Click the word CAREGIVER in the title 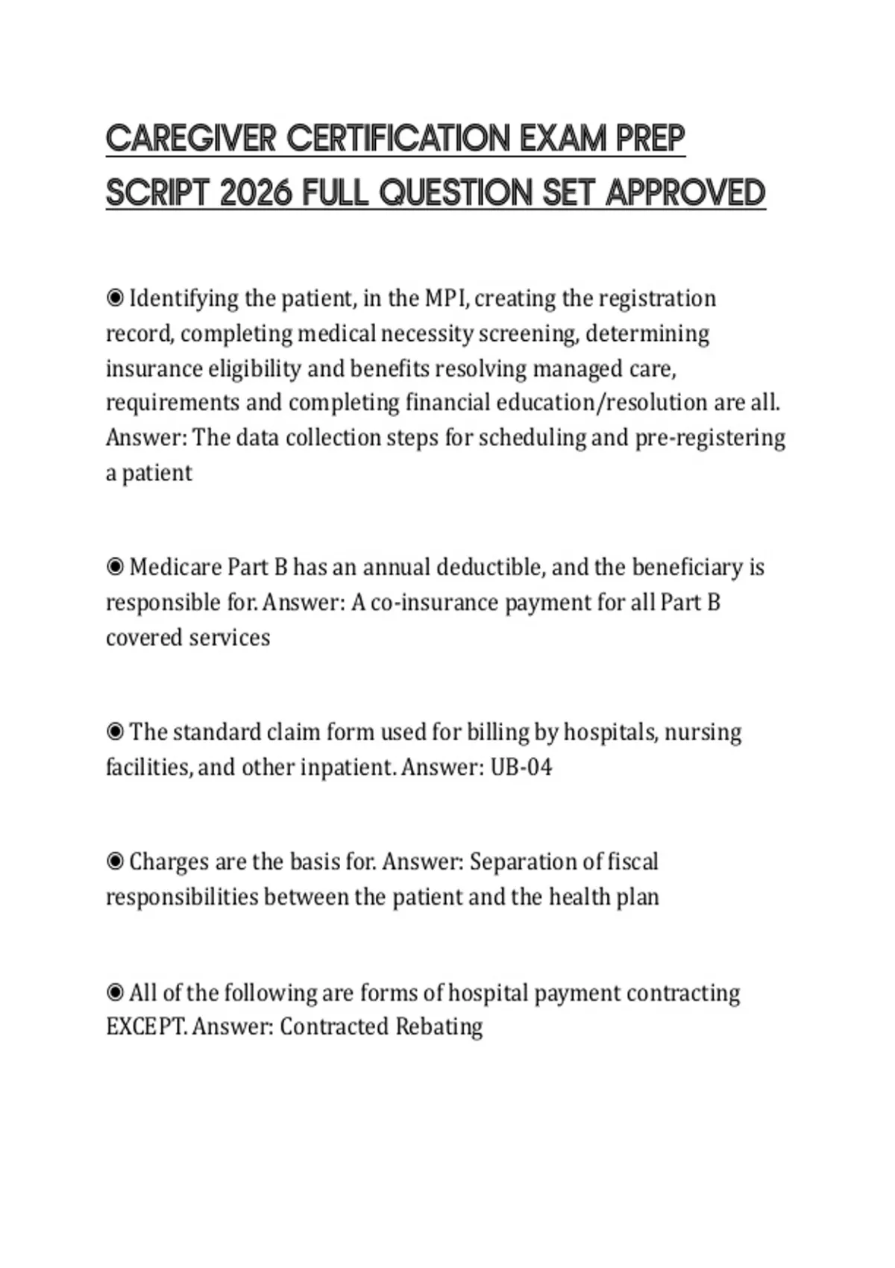pyautogui.click(x=191, y=139)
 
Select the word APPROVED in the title pyautogui.click(x=685, y=193)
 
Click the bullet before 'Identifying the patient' pyautogui.click(x=115, y=298)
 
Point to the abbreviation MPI pyautogui.click(x=446, y=298)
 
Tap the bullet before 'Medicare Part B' pyautogui.click(x=115, y=568)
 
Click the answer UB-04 pyautogui.click(x=521, y=768)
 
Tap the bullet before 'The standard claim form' pyautogui.click(x=115, y=732)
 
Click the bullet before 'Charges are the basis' pyautogui.click(x=115, y=862)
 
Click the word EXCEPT pyautogui.click(x=145, y=1027)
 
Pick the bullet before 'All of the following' pyautogui.click(x=115, y=993)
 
